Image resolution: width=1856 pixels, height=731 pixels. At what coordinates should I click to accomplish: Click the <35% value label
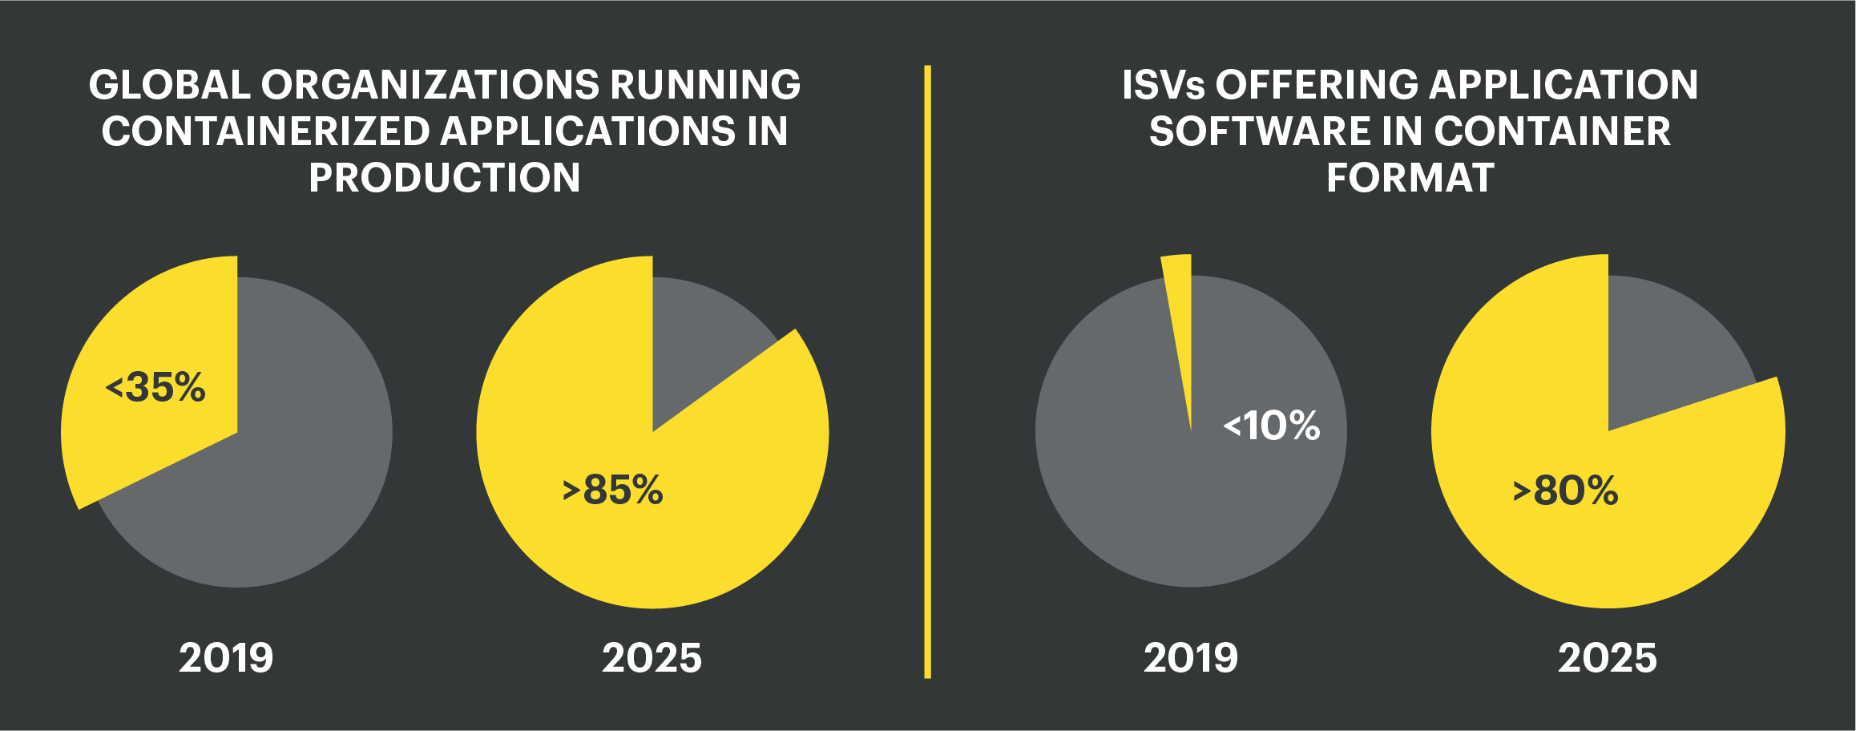click(x=155, y=388)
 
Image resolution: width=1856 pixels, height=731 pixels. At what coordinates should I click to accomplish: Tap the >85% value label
click(x=613, y=490)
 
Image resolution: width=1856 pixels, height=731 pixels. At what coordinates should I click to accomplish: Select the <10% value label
click(x=1272, y=426)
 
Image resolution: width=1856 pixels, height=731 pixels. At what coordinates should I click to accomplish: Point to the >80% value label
click(x=1565, y=491)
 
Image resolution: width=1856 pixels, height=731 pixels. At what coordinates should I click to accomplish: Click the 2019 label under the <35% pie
click(x=226, y=658)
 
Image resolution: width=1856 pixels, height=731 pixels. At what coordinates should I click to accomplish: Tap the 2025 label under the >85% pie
click(x=652, y=658)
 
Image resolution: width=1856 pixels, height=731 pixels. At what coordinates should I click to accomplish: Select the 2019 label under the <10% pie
click(x=1191, y=658)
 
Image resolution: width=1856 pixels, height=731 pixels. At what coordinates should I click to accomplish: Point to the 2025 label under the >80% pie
click(x=1607, y=658)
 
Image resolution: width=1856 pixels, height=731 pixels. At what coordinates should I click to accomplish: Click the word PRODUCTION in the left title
click(x=445, y=178)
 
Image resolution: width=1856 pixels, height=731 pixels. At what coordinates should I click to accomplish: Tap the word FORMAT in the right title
click(x=1410, y=178)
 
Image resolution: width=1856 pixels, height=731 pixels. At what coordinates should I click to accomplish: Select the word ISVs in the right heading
click(x=1163, y=85)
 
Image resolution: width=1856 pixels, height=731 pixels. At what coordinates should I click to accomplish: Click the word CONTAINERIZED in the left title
click(x=265, y=131)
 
